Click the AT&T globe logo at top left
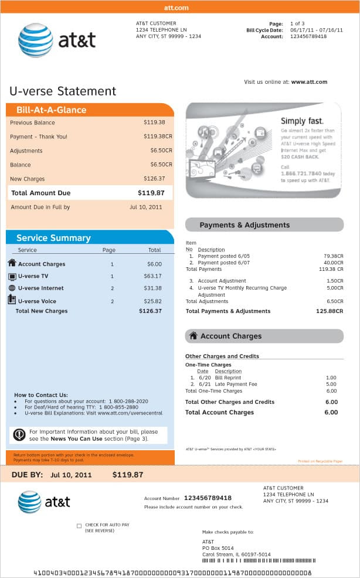point(35,40)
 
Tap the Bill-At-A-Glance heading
point(51,110)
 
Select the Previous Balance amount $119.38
point(154,123)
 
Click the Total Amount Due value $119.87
point(151,193)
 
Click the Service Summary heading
point(53,238)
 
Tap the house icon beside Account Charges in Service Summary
point(12,263)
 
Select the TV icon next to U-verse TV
point(12,276)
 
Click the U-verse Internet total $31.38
point(152,288)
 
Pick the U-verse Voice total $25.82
point(152,301)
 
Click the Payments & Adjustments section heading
point(244,225)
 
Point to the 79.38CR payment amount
point(333,256)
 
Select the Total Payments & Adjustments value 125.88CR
point(329,311)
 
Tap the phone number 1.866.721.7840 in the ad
point(301,174)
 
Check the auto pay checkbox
point(79,526)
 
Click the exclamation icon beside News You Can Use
point(19,434)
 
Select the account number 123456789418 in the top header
point(308,36)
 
